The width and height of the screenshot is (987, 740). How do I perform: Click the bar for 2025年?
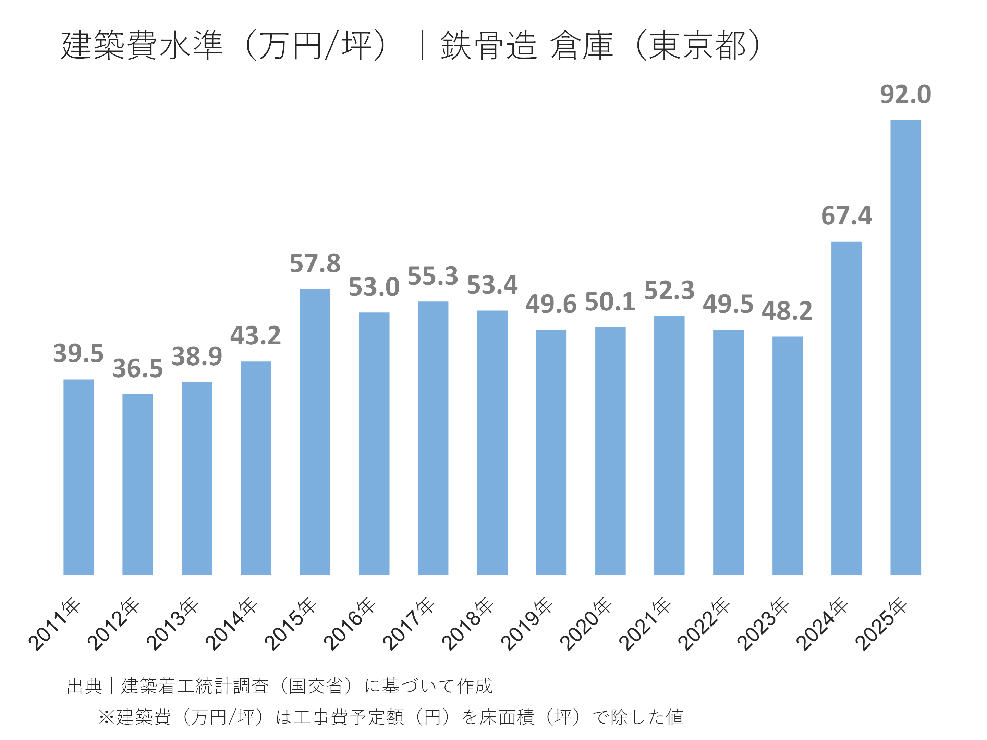(905, 347)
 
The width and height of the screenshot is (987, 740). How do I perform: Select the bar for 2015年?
(315, 432)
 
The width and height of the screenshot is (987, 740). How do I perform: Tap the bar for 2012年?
(137, 484)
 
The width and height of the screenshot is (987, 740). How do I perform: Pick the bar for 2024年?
(846, 408)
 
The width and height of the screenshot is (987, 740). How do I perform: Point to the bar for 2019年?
(551, 452)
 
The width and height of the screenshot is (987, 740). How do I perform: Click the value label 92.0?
(905, 95)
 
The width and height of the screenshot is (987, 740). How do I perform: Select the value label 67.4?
(846, 216)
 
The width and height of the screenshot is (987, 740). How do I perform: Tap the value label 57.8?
(315, 263)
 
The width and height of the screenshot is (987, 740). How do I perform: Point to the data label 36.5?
(137, 368)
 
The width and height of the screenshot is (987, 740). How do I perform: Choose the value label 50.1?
(610, 302)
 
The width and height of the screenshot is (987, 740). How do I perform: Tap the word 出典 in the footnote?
(84, 686)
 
